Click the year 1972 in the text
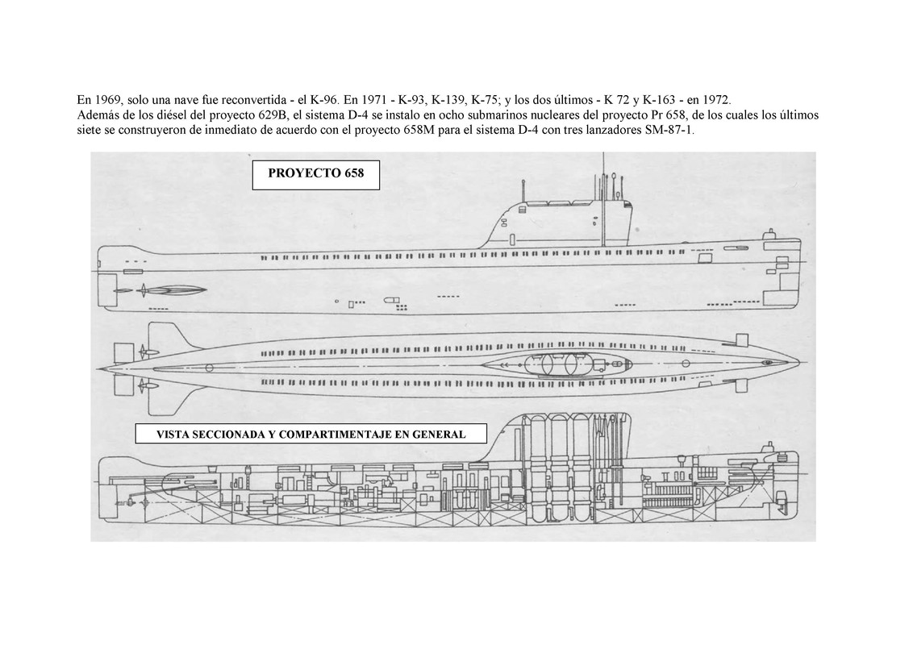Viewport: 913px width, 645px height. pos(715,100)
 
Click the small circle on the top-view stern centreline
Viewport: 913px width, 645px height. pos(210,368)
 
